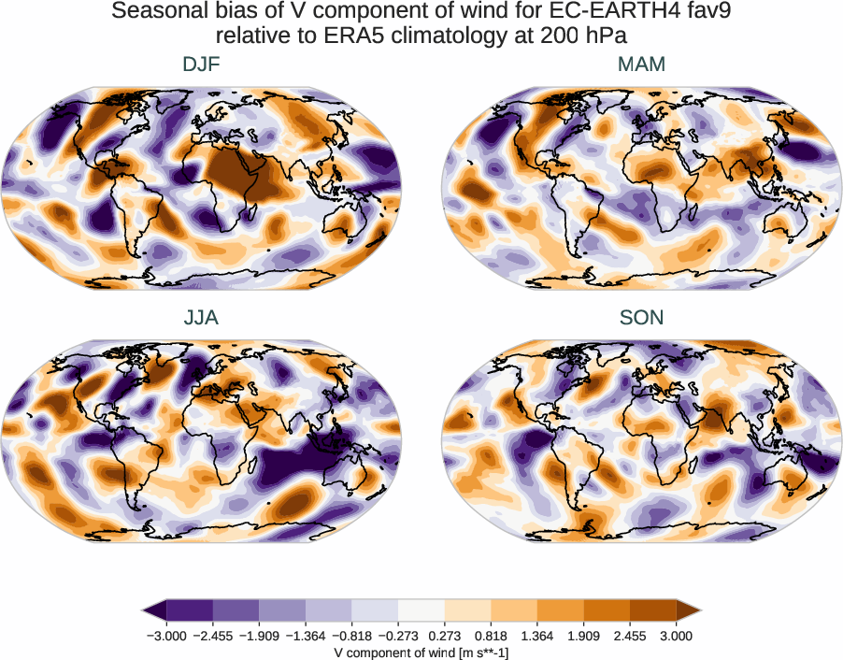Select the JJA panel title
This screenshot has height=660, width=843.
point(202,318)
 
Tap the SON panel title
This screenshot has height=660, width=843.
point(641,318)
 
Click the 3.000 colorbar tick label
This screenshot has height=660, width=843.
point(676,636)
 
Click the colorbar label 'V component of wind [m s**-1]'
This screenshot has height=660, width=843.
point(421,653)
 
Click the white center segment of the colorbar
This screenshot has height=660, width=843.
point(421,610)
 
